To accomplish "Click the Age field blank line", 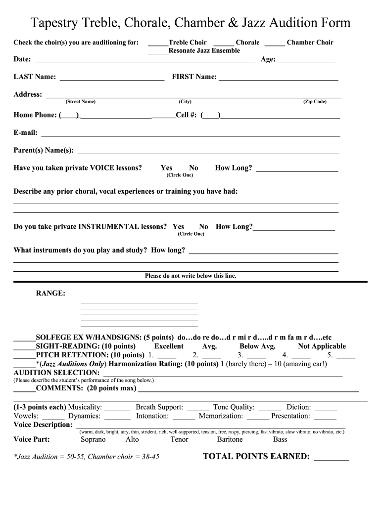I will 307,61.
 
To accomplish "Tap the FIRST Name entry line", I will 278,79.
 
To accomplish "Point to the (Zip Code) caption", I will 315,102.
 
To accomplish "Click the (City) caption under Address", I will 185,102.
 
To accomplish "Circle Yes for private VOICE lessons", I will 166,168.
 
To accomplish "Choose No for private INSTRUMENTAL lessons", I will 203,227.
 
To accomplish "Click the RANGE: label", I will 50,294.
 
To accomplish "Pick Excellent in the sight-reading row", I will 169,346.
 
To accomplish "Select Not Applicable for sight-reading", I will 322,346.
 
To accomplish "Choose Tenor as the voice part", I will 179,439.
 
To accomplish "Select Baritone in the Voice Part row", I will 230,439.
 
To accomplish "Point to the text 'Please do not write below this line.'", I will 190,276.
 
